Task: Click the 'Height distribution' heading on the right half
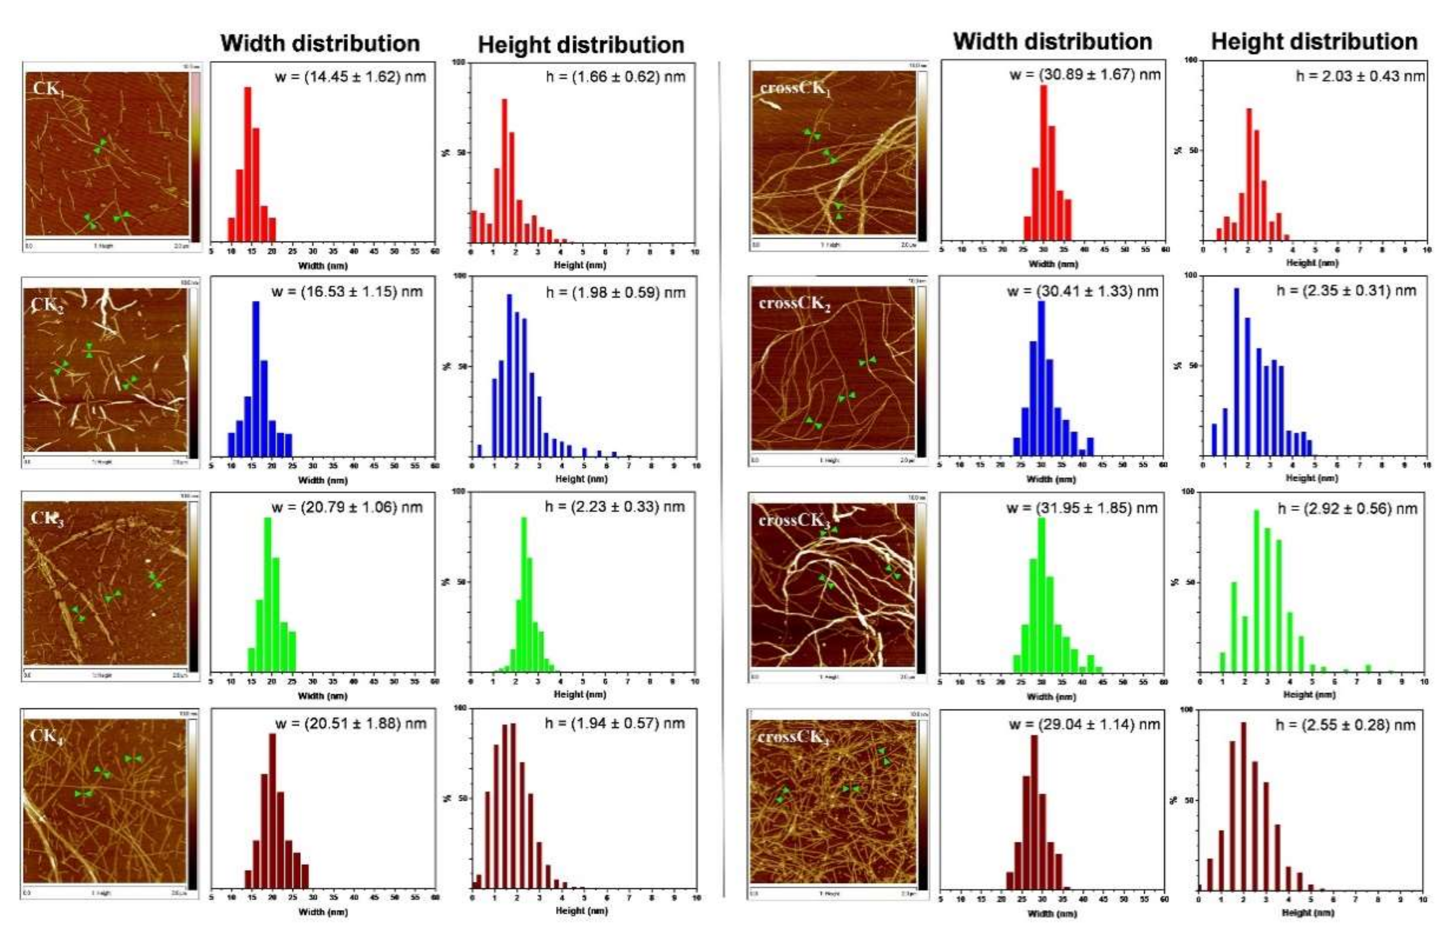pos(1314,41)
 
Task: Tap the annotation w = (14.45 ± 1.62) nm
pos(350,77)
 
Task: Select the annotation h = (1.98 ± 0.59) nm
pos(615,292)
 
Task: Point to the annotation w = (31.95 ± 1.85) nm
pos(1082,508)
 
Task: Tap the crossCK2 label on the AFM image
pos(794,303)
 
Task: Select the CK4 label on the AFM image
pos(47,736)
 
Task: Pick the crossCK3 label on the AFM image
pos(794,521)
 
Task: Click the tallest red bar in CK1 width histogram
pos(247,164)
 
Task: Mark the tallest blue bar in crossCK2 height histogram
pos(1236,371)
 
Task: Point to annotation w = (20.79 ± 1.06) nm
pos(347,507)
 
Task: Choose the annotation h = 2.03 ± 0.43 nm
pos(1360,76)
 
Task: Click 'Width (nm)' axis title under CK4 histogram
pos(323,912)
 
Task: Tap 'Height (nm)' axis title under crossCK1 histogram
pos(1312,262)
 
